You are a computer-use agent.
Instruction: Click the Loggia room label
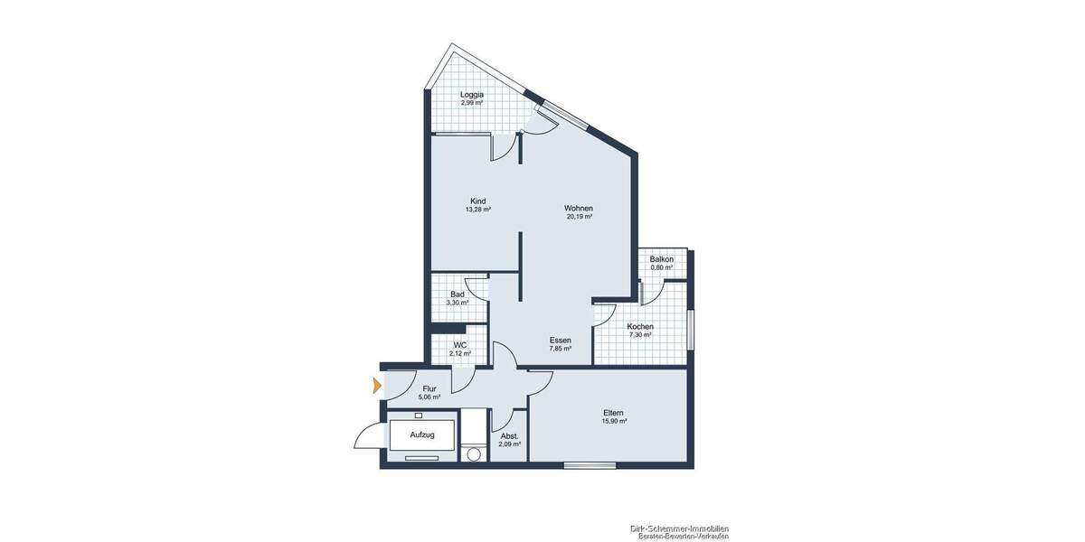click(x=471, y=95)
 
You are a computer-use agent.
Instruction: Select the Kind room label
click(x=478, y=201)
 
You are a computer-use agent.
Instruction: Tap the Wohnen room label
click(x=579, y=208)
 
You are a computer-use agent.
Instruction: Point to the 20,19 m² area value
click(x=579, y=217)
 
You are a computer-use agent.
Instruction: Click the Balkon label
click(x=661, y=259)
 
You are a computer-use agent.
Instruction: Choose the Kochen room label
click(x=640, y=326)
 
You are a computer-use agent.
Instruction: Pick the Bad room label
click(x=458, y=294)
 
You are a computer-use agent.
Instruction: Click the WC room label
click(x=460, y=345)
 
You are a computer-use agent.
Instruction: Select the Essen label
click(x=560, y=341)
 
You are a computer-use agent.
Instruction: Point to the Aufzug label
click(x=422, y=435)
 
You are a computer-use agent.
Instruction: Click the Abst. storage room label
click(x=509, y=436)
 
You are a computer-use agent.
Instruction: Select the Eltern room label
click(x=614, y=413)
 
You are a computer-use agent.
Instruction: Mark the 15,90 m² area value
click(x=614, y=422)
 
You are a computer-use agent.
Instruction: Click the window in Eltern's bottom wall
click(x=590, y=465)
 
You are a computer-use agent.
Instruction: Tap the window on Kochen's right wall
click(x=690, y=330)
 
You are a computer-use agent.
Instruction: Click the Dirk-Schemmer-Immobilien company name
click(x=679, y=528)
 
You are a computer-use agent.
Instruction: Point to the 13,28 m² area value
click(x=478, y=210)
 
